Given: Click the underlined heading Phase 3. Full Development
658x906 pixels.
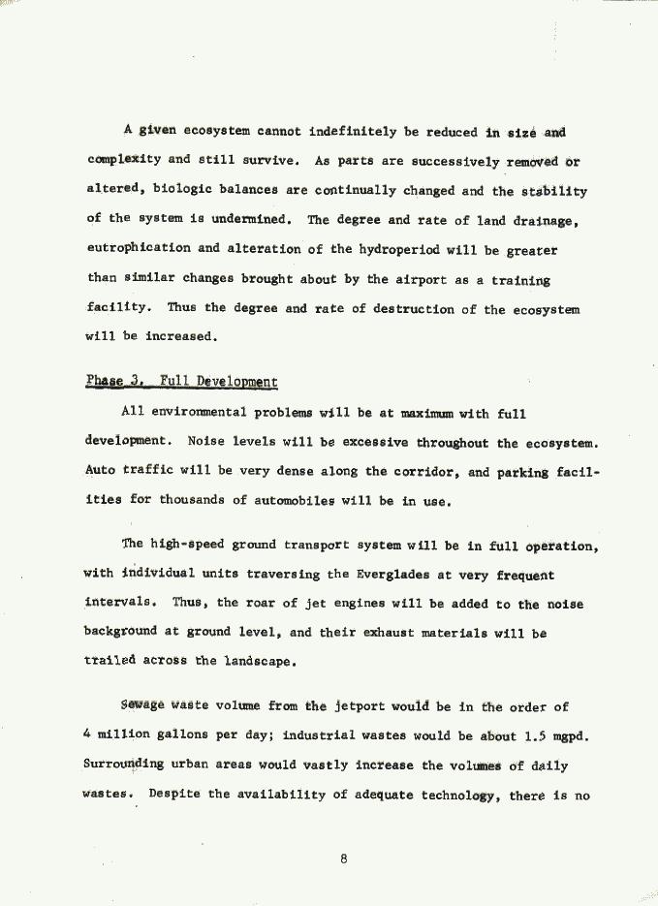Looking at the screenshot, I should click(181, 382).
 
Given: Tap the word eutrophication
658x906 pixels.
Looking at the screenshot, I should click(137, 249).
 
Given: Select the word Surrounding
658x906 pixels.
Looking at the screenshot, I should click(123, 765).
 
